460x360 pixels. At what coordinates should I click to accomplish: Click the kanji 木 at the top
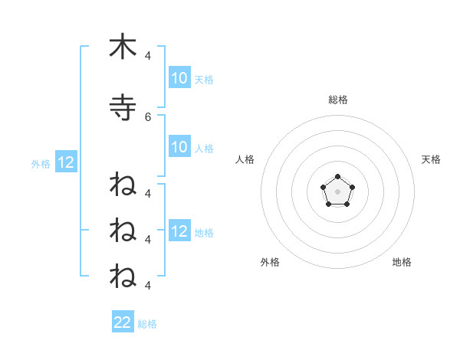(123, 47)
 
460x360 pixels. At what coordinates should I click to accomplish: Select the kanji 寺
(123, 108)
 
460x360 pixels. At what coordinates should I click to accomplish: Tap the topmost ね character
(123, 185)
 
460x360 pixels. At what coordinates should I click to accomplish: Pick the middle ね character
(123, 230)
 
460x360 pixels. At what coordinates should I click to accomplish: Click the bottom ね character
(123, 275)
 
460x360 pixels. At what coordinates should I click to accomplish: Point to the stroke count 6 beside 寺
(148, 117)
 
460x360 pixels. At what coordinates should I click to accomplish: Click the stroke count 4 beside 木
(148, 55)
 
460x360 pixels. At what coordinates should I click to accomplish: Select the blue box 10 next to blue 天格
(179, 78)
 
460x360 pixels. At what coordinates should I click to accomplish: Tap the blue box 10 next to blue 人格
(179, 147)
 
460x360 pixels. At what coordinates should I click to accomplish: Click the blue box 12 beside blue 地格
(179, 231)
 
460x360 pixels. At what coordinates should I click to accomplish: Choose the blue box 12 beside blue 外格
(65, 162)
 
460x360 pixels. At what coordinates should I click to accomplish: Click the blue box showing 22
(123, 322)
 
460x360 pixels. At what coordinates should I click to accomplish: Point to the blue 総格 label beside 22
(147, 324)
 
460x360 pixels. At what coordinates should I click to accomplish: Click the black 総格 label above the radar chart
(337, 100)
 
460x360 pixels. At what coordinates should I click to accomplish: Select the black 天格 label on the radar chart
(431, 159)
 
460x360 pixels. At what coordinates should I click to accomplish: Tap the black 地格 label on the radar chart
(402, 262)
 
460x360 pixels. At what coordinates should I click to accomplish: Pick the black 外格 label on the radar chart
(270, 262)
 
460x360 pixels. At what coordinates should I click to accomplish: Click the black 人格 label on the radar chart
(245, 159)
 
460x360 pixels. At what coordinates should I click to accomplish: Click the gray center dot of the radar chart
(337, 191)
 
